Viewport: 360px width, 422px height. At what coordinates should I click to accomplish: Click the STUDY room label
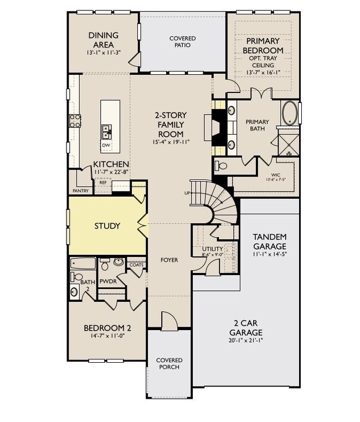coord(107,226)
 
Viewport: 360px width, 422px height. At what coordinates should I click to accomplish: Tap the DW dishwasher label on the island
coord(106,146)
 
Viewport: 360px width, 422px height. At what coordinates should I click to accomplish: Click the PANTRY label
coord(80,191)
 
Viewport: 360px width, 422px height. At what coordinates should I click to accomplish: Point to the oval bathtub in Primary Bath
coord(290,114)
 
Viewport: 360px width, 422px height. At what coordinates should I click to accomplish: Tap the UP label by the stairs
coord(187,193)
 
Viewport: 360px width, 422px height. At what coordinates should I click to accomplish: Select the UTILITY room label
coord(213,249)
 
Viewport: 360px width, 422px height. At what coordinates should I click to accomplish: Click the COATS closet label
coord(136,265)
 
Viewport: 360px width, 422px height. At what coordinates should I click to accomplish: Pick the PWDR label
coord(108,282)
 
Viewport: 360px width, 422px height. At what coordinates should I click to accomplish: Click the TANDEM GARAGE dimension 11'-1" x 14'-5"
coord(270,255)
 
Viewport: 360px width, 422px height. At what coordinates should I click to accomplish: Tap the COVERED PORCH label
coord(169,363)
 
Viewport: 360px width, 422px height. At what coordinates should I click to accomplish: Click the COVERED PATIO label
coord(182,42)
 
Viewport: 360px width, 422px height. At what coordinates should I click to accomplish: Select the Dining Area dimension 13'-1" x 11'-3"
coord(104,53)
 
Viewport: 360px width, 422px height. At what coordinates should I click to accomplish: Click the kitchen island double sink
coord(106,131)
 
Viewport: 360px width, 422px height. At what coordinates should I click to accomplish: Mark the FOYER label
coord(169,260)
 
